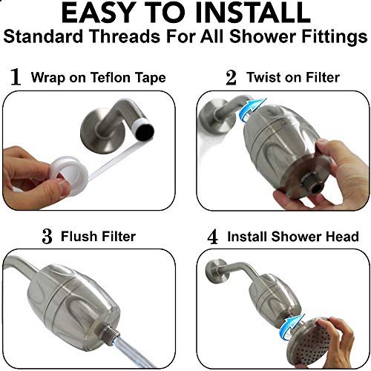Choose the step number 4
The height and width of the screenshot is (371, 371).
click(212, 237)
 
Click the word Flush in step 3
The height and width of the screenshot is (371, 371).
click(78, 237)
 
